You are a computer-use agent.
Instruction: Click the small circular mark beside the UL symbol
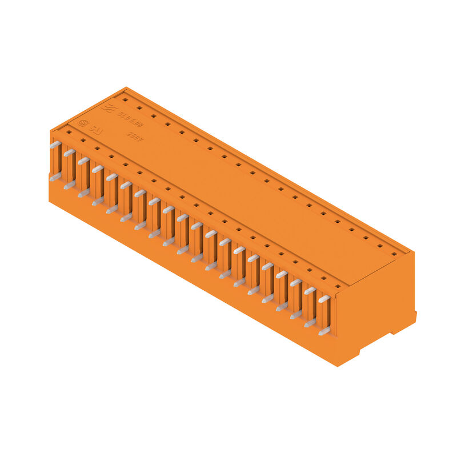[83, 122]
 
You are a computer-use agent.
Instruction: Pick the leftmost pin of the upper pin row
[55, 145]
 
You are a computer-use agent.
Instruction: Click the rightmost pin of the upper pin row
[324, 299]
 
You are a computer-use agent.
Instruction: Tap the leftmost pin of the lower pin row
[55, 178]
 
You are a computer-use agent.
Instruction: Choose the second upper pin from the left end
[69, 153]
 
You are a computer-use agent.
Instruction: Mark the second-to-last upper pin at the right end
[310, 291]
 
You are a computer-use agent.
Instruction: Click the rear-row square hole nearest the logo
[125, 99]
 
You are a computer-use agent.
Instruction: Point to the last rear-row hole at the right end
[394, 253]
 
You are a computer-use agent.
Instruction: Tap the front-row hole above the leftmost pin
[69, 131]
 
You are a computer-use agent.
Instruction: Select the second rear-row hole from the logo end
[139, 107]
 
